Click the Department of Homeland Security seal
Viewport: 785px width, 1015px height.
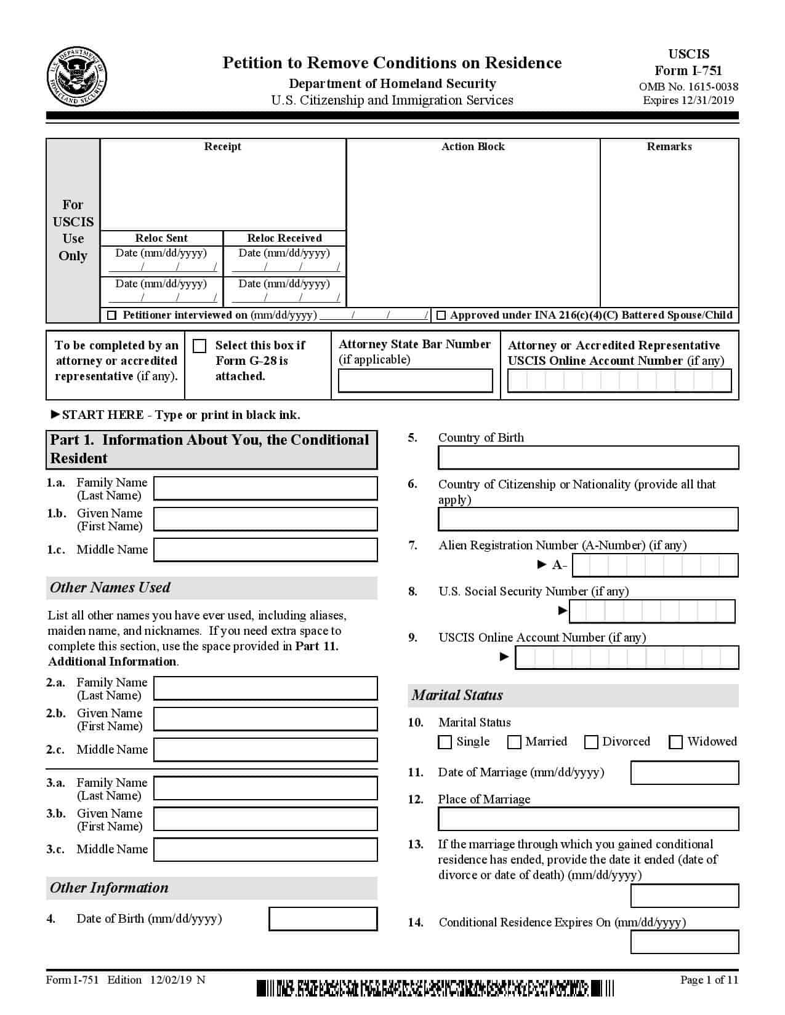76,77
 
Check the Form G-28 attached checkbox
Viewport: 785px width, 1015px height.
199,346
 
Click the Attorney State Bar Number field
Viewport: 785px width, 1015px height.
416,381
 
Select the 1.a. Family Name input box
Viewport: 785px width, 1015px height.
265,488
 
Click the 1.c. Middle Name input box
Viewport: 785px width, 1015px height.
265,550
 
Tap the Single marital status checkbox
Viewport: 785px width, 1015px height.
445,742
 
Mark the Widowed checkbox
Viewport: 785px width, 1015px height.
676,742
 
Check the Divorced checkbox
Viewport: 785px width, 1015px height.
591,742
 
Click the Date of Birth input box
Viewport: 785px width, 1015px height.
323,919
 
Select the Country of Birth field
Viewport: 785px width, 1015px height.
588,458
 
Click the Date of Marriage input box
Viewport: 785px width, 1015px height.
685,773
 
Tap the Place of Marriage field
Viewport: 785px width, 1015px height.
588,819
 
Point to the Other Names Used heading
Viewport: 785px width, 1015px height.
110,587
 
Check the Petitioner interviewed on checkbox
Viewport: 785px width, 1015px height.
112,316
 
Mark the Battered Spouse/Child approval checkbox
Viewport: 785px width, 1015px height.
441,316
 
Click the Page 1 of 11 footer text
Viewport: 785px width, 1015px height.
709,980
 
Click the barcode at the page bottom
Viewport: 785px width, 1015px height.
435,988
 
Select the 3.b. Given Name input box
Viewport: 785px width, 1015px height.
265,819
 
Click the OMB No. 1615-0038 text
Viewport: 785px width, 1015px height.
688,87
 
